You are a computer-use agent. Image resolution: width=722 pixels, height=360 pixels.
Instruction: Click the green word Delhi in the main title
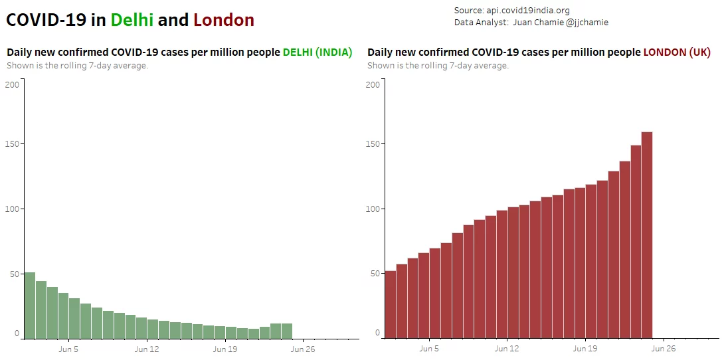coord(132,20)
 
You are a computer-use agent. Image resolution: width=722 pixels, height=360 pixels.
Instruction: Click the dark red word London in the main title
coord(224,20)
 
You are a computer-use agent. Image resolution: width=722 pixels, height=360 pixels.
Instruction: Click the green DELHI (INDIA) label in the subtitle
coord(317,52)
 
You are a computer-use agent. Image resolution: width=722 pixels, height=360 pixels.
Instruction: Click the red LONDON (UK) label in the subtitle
coord(677,52)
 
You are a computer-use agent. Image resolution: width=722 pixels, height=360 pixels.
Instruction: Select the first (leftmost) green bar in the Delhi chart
coord(29,306)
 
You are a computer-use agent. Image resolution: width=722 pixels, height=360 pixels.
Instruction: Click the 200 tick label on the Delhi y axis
coord(12,84)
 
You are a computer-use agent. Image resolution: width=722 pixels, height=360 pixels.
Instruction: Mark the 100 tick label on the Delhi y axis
coord(12,209)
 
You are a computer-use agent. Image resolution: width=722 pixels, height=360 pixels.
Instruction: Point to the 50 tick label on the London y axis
coord(375,274)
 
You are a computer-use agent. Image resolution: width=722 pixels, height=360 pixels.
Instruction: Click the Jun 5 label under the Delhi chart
coord(68,349)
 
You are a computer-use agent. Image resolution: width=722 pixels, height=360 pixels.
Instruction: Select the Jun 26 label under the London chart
coord(664,349)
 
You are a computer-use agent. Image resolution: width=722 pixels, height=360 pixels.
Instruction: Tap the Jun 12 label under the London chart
coord(507,349)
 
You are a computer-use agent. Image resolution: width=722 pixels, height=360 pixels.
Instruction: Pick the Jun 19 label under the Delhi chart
coord(225,349)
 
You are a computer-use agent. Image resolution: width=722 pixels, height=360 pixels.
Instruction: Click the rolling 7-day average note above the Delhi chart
coord(77,65)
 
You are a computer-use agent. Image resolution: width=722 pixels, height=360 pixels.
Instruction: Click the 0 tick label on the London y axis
coord(377,333)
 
